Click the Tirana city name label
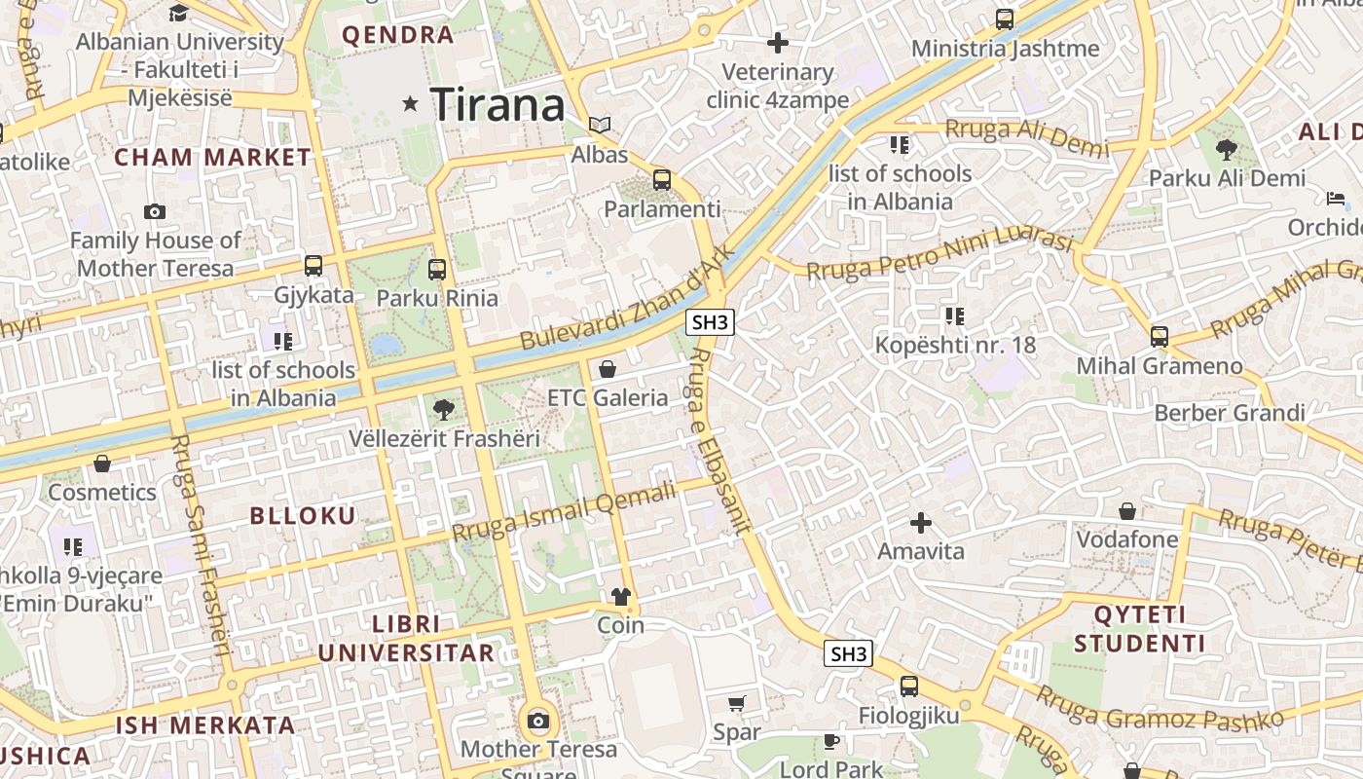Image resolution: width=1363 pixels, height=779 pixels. [x=497, y=104]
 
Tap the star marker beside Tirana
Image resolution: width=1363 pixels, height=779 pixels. [x=410, y=103]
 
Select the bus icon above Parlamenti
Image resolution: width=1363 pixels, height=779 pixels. [x=662, y=179]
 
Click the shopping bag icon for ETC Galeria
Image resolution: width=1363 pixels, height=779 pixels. [x=608, y=369]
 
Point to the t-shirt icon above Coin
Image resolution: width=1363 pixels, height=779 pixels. [x=620, y=596]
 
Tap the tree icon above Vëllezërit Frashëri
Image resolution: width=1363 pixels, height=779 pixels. [x=444, y=409]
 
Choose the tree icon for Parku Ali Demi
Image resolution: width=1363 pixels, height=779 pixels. [x=1227, y=149]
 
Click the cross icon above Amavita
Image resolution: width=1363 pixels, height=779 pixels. [x=920, y=523]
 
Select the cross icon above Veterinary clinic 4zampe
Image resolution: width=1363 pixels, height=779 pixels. [x=777, y=43]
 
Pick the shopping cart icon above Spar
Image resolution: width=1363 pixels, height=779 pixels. [x=737, y=703]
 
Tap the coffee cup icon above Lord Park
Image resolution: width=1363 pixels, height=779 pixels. [x=830, y=741]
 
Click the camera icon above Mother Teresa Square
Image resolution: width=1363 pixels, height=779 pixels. [x=538, y=722]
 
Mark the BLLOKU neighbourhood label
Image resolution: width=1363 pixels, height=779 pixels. [x=304, y=515]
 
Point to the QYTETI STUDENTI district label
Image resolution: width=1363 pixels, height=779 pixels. [x=1139, y=629]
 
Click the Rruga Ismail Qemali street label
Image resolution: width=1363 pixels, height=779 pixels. [x=564, y=513]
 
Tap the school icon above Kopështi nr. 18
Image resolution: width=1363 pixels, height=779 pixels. [x=954, y=315]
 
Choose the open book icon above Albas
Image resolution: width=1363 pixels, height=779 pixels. [x=600, y=125]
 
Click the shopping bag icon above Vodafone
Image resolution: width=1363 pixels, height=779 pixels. [x=1126, y=511]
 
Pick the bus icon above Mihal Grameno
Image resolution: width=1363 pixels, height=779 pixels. [x=1159, y=337]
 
